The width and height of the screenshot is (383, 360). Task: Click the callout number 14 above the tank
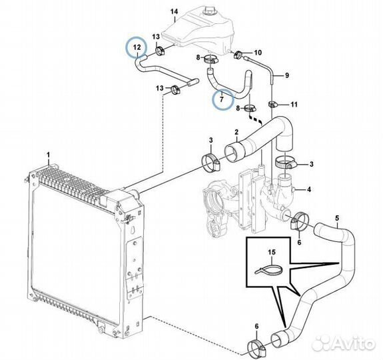click(175, 11)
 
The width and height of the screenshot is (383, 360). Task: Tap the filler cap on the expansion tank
click(210, 11)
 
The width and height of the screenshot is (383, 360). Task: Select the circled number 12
click(137, 47)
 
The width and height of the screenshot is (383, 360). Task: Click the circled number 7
click(222, 99)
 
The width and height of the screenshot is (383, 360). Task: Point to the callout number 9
click(287, 75)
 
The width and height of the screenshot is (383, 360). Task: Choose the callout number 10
click(258, 52)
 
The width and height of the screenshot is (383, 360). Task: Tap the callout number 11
click(294, 105)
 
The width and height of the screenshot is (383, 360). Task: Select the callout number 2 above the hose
click(236, 132)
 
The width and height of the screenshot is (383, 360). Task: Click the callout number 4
click(309, 189)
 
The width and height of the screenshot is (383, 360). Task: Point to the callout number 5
click(337, 218)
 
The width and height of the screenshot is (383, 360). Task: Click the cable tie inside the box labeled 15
click(268, 270)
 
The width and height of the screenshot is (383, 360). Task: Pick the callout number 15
click(272, 252)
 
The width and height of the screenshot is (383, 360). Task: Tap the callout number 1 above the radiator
click(49, 155)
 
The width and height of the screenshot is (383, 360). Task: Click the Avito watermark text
click(344, 343)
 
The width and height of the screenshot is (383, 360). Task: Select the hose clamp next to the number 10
click(238, 54)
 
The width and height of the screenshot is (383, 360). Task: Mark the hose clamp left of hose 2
click(210, 163)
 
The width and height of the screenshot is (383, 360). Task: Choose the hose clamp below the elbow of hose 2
click(286, 163)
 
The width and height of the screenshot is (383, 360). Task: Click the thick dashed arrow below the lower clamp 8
click(255, 119)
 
